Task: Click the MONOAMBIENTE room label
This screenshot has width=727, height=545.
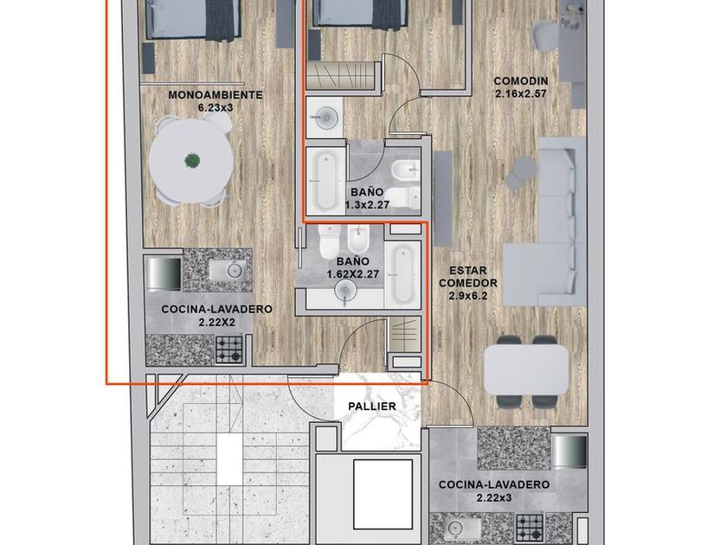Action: tap(216, 95)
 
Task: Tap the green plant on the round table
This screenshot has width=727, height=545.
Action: tap(192, 161)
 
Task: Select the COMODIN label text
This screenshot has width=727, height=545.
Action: tap(521, 81)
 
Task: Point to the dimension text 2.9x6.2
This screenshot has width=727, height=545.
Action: tap(468, 295)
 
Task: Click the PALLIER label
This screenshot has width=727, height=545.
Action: tap(372, 407)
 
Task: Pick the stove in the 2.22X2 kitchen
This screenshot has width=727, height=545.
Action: tap(228, 349)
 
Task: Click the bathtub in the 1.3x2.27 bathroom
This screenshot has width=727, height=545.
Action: tap(325, 181)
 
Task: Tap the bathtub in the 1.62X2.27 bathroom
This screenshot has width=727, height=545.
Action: tap(402, 273)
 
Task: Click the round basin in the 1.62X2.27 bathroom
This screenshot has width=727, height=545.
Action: tap(345, 291)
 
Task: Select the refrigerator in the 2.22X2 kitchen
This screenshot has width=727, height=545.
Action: tap(164, 273)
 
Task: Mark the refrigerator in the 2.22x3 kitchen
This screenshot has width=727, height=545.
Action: tap(569, 452)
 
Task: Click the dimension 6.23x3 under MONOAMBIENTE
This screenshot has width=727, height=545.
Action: tap(216, 108)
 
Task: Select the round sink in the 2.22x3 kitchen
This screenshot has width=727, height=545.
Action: tap(456, 529)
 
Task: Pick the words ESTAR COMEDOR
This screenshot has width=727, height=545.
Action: tap(468, 276)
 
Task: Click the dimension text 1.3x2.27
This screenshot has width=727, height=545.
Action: tap(367, 204)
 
